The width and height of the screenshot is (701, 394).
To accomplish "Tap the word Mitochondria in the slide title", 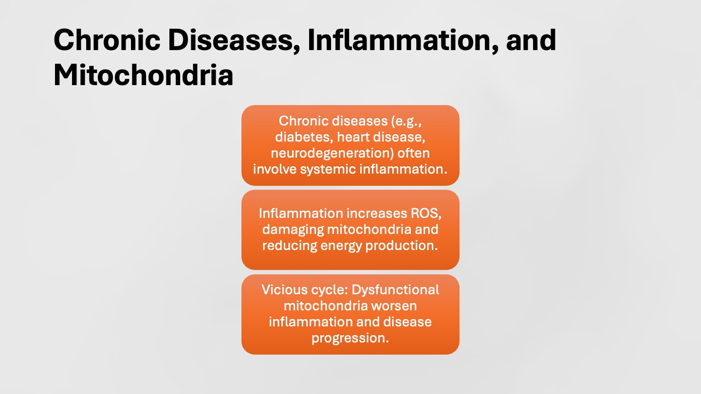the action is tap(143, 75).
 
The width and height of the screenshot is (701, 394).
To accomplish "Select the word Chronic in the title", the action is tap(107, 40).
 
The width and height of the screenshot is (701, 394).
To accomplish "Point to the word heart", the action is tap(352, 137).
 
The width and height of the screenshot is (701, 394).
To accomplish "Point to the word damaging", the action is tap(293, 230).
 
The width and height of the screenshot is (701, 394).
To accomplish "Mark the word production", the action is tap(402, 246).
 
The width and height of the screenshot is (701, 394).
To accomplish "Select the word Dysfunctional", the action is tap(395, 290).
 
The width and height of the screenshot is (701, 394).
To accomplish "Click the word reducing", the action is tap(290, 246).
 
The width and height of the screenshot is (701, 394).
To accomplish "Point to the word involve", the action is tap(274, 169).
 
